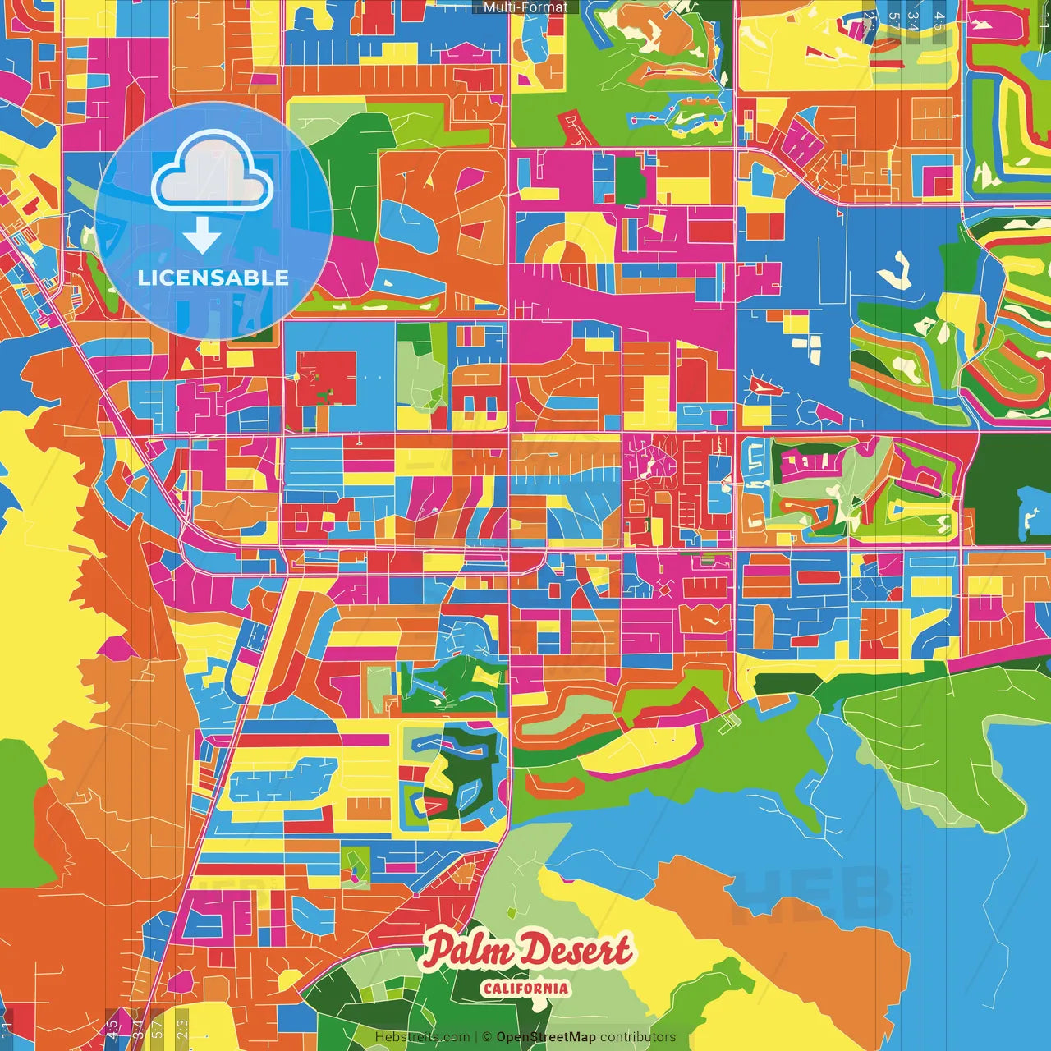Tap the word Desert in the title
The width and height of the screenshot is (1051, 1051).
coord(577,951)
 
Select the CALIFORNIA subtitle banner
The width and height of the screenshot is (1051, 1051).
coord(525,988)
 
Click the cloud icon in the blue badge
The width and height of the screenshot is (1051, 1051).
coord(213,174)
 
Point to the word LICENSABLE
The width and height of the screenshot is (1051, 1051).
coord(213,278)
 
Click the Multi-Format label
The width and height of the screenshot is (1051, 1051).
coord(525,7)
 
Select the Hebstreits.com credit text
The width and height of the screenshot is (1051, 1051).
coord(422,1037)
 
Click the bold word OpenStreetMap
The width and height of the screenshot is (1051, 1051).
coord(545,1037)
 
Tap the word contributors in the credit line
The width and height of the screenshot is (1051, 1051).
coord(638,1037)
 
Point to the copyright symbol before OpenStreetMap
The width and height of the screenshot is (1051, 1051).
coord(486,1037)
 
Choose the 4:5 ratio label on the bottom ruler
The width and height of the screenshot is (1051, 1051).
coord(112,1028)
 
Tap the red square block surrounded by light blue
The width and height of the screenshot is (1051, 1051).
coord(327,378)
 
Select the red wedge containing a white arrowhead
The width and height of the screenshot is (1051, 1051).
coord(762,384)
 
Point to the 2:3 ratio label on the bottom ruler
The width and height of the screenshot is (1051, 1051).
coord(182,1028)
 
